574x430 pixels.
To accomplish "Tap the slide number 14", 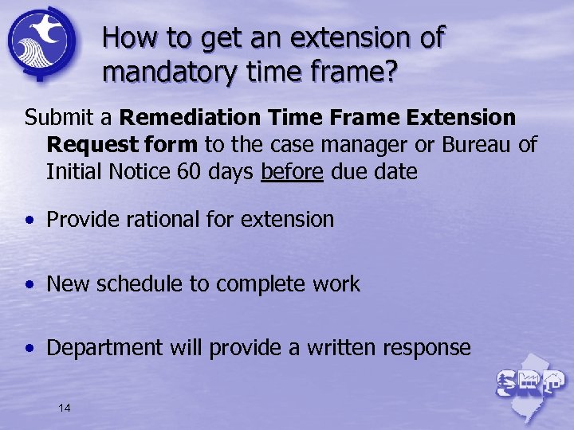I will (x=65, y=408).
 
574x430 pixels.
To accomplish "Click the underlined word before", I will (x=292, y=172).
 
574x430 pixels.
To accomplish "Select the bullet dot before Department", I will (x=29, y=349).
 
